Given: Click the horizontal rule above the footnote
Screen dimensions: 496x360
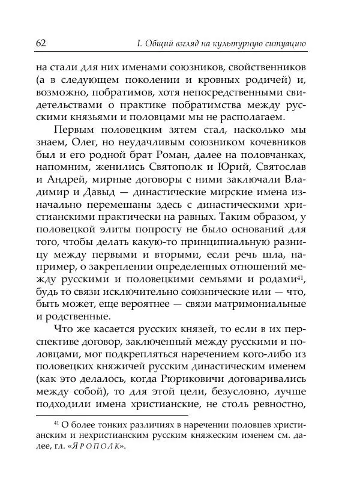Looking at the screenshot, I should (x=112, y=414).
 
